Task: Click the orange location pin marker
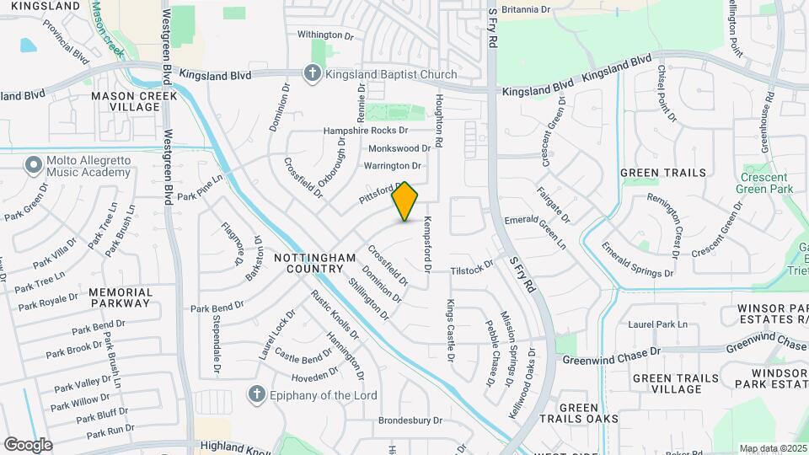click(x=405, y=201)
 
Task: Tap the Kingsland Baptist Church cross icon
click(x=313, y=74)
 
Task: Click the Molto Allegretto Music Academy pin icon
click(x=34, y=164)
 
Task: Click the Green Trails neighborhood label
click(x=663, y=173)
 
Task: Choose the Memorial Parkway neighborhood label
click(x=121, y=298)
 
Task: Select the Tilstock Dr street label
click(x=471, y=270)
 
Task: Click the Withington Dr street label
click(x=325, y=35)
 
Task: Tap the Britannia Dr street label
click(x=525, y=9)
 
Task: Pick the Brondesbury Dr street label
click(x=410, y=420)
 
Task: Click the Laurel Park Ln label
click(x=658, y=324)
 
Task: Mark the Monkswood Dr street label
click(x=399, y=148)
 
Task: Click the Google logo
click(x=28, y=444)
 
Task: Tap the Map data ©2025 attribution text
click(x=772, y=448)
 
